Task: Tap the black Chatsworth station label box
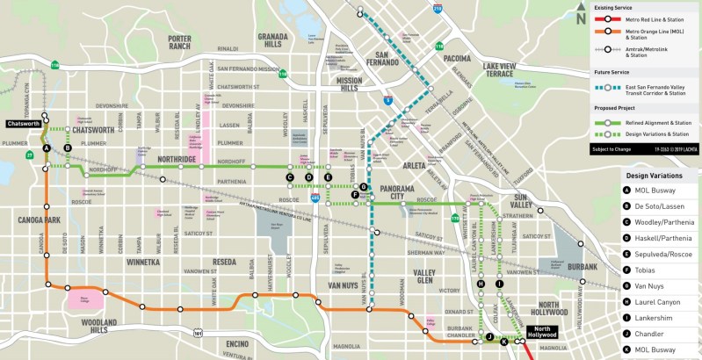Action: [23, 124]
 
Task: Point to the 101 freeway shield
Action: [199, 334]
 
